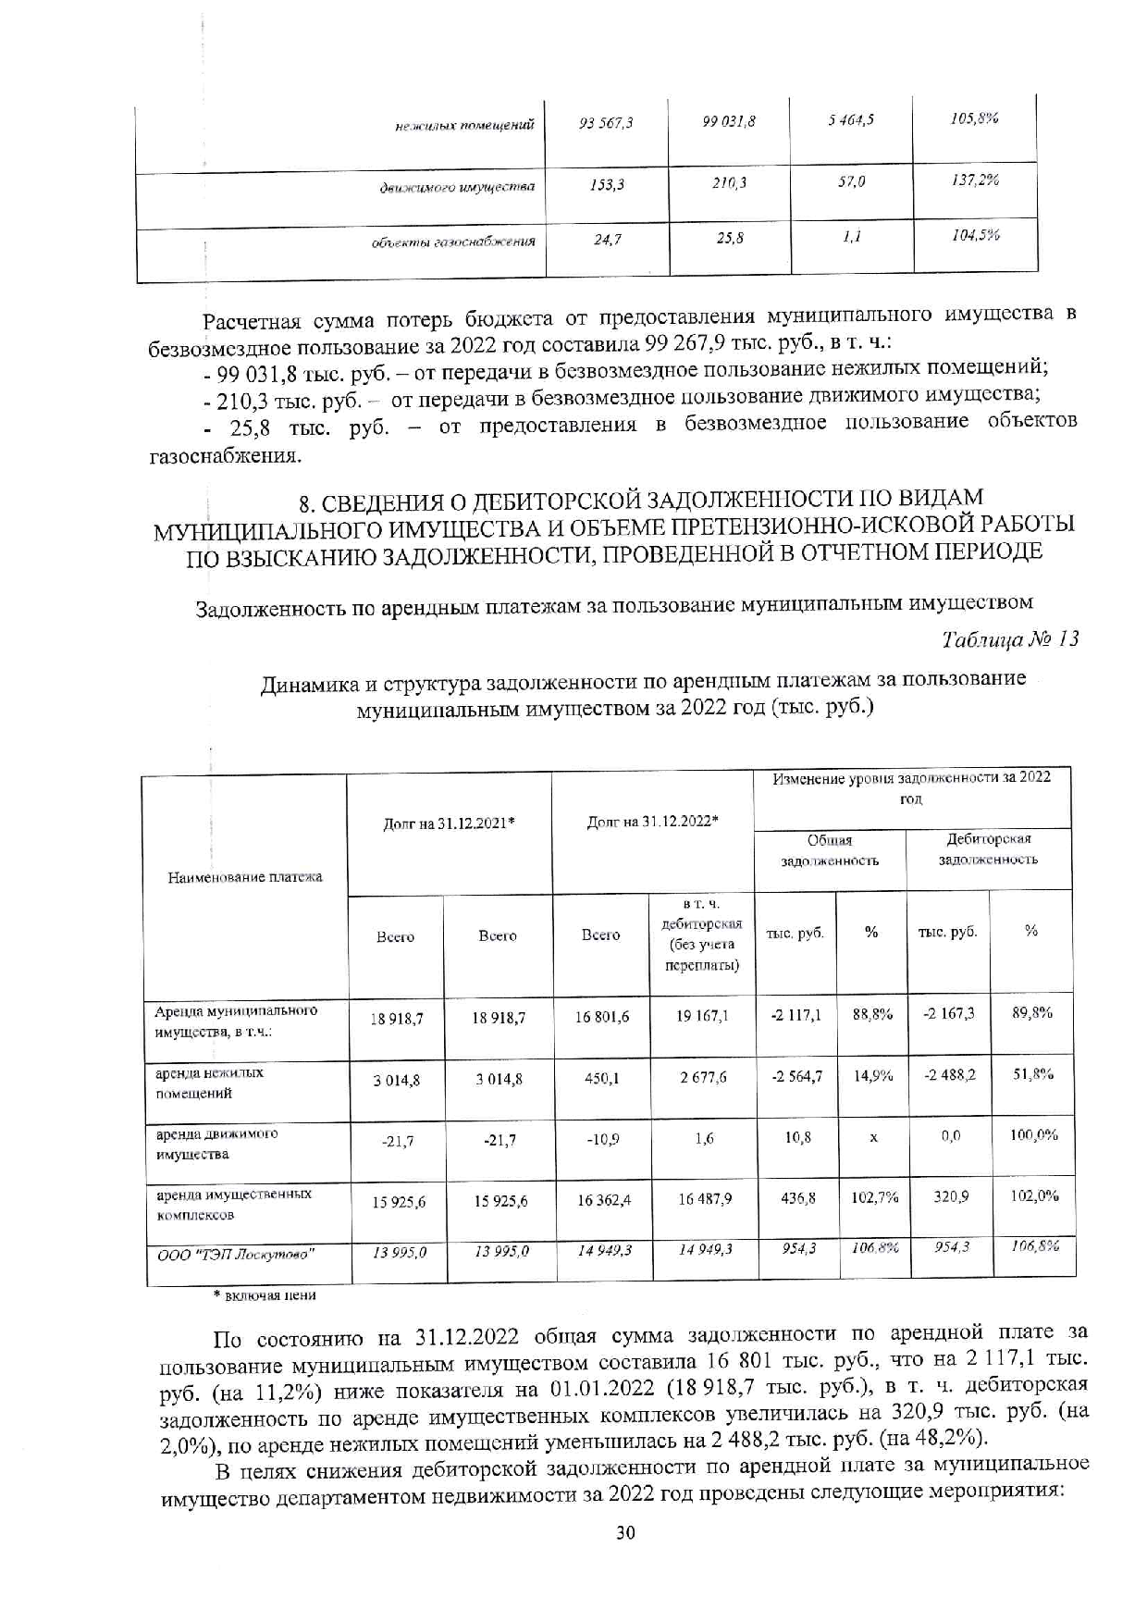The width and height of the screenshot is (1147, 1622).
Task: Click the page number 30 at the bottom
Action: [625, 1532]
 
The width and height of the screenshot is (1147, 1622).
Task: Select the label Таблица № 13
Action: [1009, 639]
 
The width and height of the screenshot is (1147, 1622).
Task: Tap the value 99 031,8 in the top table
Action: [729, 121]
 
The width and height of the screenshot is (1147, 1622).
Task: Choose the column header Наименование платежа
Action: [245, 876]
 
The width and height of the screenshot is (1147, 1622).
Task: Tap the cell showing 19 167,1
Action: [703, 1015]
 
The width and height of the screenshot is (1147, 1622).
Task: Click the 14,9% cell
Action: [871, 1075]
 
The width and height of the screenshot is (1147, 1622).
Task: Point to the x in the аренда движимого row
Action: [872, 1137]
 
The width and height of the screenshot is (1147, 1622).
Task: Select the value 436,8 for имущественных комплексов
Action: [797, 1197]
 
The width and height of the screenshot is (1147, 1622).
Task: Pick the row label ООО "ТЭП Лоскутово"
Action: [235, 1255]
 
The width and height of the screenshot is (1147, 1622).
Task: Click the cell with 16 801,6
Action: [601, 1016]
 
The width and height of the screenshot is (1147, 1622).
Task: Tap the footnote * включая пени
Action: [265, 1295]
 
